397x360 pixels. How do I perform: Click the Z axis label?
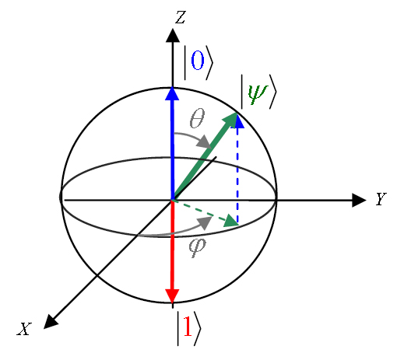[181, 17]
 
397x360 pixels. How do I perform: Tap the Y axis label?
[381, 199]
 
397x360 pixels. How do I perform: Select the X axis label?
[24, 329]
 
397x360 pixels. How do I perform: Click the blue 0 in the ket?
[198, 60]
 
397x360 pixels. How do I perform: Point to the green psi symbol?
[257, 94]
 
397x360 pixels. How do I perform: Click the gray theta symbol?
[197, 118]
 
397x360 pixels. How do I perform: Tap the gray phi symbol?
[197, 247]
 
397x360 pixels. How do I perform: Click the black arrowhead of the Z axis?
[173, 35]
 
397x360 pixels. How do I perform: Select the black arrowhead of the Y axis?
[359, 200]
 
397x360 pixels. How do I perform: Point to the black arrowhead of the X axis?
[51, 322]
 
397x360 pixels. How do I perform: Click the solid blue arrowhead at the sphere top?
[172, 93]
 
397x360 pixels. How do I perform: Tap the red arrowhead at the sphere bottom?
[172, 295]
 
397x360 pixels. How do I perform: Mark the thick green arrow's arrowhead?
[231, 120]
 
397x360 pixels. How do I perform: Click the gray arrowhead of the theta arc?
[205, 142]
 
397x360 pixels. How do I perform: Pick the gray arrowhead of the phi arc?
[205, 222]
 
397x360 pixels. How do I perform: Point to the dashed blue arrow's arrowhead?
[237, 121]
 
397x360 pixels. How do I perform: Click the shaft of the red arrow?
[172, 245]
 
